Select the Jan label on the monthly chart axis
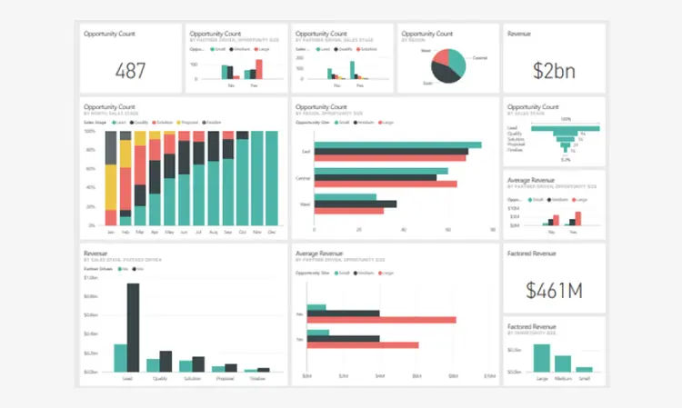pos(111,232)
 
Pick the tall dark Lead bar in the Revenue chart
pos(134,327)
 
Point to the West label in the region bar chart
pos(305,204)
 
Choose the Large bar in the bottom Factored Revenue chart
pos(542,357)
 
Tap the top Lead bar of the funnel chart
pos(566,128)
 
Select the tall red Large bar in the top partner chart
pos(258,69)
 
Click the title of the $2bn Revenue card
pos(521,34)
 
